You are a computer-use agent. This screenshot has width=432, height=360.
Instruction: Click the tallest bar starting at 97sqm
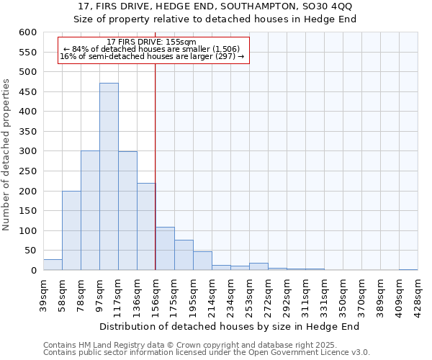[x=109, y=176]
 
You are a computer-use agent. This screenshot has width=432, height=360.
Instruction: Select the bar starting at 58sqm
[x=71, y=230]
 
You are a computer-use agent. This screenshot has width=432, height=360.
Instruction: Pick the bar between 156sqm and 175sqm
[x=165, y=248]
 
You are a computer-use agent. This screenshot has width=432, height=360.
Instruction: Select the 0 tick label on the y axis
[x=33, y=271]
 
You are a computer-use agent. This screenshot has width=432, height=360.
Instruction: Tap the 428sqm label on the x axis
[x=418, y=294]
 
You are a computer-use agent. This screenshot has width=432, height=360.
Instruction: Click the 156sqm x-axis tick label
[x=156, y=294]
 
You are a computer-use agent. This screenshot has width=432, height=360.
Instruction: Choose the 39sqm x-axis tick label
[x=44, y=293]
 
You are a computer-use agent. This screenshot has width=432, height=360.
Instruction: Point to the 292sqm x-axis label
[x=287, y=294]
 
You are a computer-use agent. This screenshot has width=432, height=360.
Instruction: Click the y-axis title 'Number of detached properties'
[x=7, y=155]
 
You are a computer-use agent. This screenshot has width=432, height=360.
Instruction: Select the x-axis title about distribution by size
[x=229, y=326]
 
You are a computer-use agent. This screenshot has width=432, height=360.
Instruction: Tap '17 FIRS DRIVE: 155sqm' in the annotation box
[x=150, y=42]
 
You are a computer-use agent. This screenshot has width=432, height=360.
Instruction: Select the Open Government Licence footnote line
[x=207, y=353]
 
